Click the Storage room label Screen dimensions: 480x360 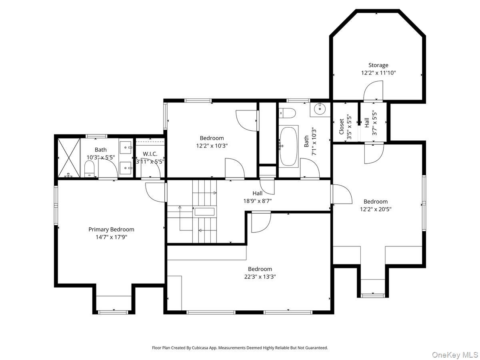[x=378, y=65]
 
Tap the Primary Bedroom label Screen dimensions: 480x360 [x=111, y=230]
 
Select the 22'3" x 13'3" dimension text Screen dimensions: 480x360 [x=260, y=277]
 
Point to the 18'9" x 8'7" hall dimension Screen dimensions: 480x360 [x=257, y=201]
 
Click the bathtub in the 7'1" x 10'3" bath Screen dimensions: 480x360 [x=289, y=146]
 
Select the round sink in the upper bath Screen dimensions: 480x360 [x=320, y=108]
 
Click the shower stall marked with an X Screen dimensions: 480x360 [x=69, y=158]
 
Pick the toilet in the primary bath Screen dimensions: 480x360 [x=89, y=169]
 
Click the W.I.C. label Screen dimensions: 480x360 [x=150, y=154]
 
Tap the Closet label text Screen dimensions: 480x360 [x=341, y=126]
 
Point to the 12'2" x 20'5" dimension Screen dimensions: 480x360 [x=376, y=209]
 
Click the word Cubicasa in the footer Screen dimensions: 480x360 [x=200, y=348]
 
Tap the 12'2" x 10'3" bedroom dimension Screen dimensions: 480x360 [x=212, y=146]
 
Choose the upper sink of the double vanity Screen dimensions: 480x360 [x=126, y=147]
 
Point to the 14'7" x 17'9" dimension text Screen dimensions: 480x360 [x=111, y=237]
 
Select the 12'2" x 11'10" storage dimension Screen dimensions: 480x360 [x=378, y=73]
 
